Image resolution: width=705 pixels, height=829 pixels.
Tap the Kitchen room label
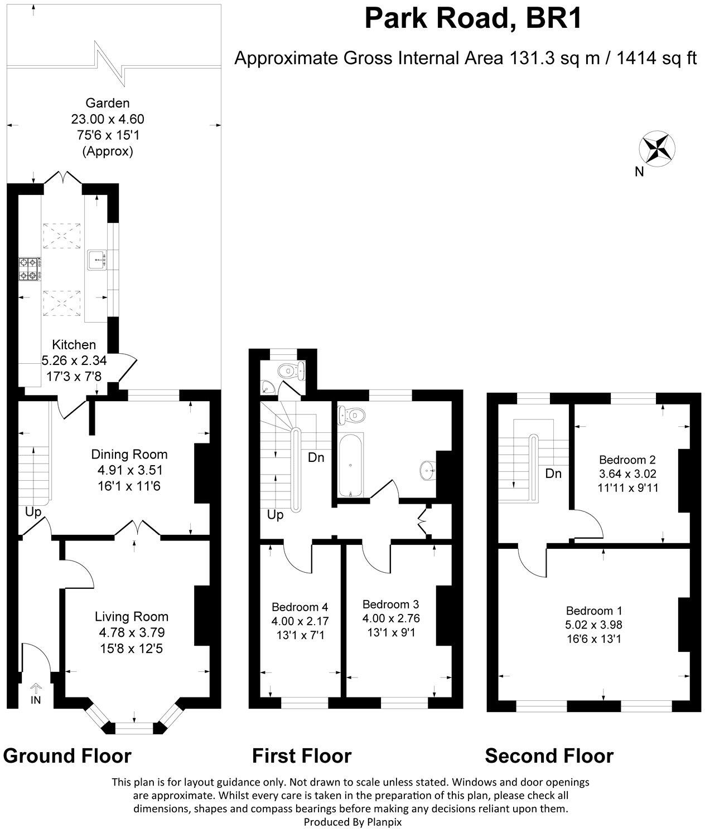tap(74, 345)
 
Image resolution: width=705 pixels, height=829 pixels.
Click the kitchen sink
tap(98, 260)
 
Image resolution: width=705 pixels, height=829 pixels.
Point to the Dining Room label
tap(129, 455)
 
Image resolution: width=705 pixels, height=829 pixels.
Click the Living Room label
tap(132, 617)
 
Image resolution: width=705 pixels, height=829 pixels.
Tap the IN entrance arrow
tap(35, 694)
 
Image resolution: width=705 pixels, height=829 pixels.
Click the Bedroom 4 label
tap(300, 607)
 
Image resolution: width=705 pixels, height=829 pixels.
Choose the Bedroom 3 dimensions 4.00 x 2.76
tap(390, 618)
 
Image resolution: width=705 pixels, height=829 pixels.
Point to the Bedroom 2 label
tap(627, 460)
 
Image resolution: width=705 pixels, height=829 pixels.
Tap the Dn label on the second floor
tap(553, 474)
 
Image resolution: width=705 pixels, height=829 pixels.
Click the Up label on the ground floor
tap(33, 512)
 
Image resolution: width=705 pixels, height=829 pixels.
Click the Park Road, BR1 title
tap(473, 18)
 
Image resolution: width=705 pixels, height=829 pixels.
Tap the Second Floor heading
tap(549, 756)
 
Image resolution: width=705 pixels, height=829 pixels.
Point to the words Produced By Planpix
tap(352, 821)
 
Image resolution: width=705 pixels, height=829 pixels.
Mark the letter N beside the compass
tap(639, 172)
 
